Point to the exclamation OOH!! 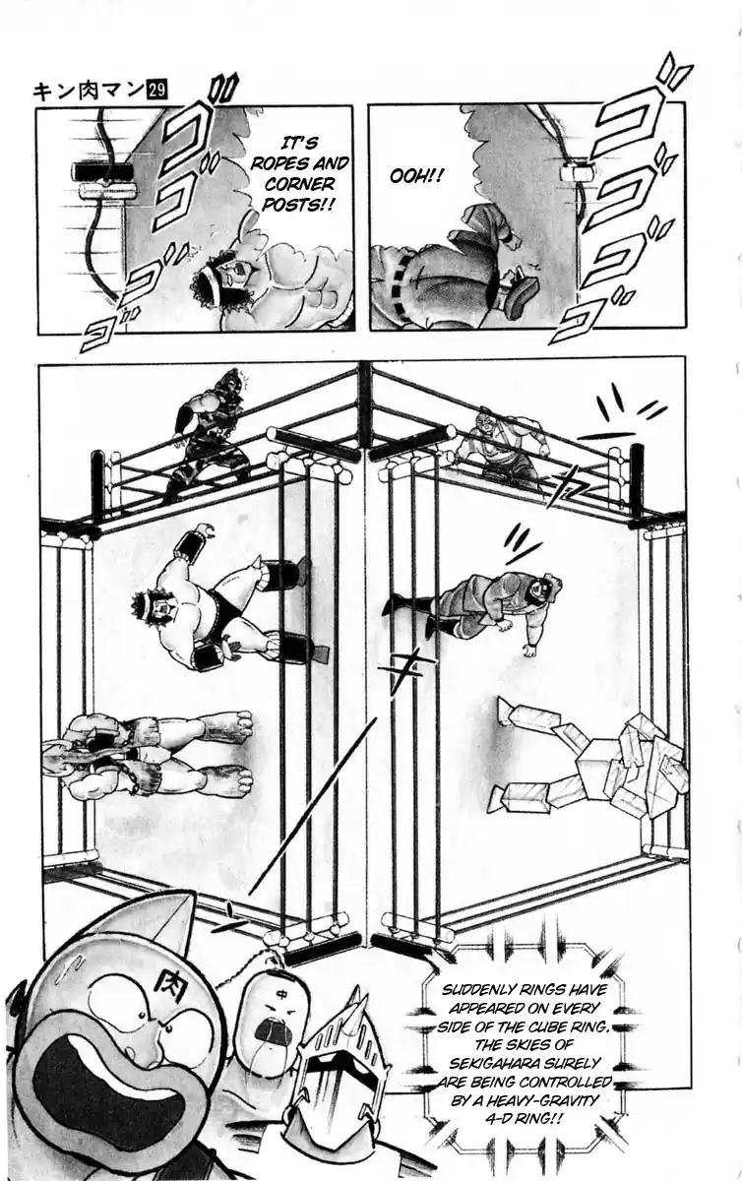coord(416,176)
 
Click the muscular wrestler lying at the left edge coord(148,753)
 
